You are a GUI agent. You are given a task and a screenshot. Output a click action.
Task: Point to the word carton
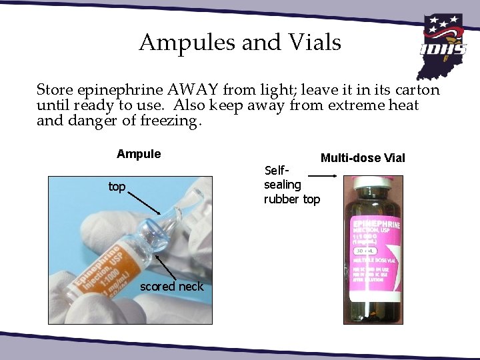pyautogui.click(x=415, y=89)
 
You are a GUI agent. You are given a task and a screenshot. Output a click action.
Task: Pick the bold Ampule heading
pyautogui.click(x=139, y=155)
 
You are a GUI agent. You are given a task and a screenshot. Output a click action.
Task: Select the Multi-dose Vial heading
pyautogui.click(x=363, y=158)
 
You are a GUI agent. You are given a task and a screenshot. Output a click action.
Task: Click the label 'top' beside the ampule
pyautogui.click(x=117, y=187)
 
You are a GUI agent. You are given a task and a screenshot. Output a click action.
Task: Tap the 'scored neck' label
pyautogui.click(x=172, y=286)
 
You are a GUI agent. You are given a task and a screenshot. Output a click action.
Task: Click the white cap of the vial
pyautogui.click(x=369, y=182)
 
